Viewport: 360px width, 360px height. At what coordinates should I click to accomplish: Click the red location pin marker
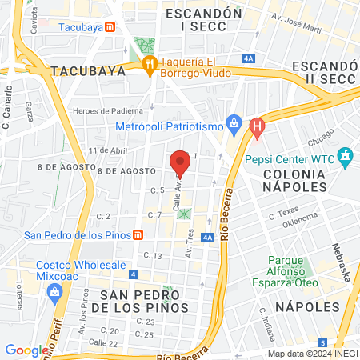tap(180, 162)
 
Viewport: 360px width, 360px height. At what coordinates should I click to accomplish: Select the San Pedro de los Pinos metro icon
tap(138, 235)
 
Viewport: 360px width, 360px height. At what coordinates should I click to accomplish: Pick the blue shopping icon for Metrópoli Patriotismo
tap(234, 124)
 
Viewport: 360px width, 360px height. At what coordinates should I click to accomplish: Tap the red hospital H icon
tap(256, 126)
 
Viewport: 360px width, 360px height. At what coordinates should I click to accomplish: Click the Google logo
tap(26, 350)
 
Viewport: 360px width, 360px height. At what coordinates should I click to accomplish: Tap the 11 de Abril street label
tap(108, 150)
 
